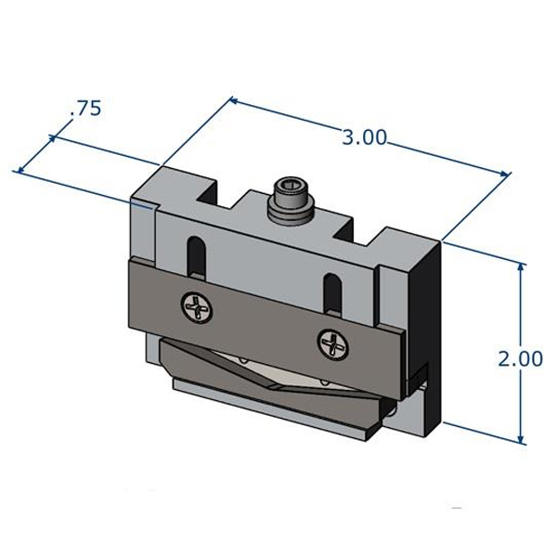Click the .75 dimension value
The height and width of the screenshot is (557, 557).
tap(84, 109)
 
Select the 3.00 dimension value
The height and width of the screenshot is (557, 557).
tap(364, 138)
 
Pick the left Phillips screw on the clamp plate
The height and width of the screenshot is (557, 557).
tap(197, 305)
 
